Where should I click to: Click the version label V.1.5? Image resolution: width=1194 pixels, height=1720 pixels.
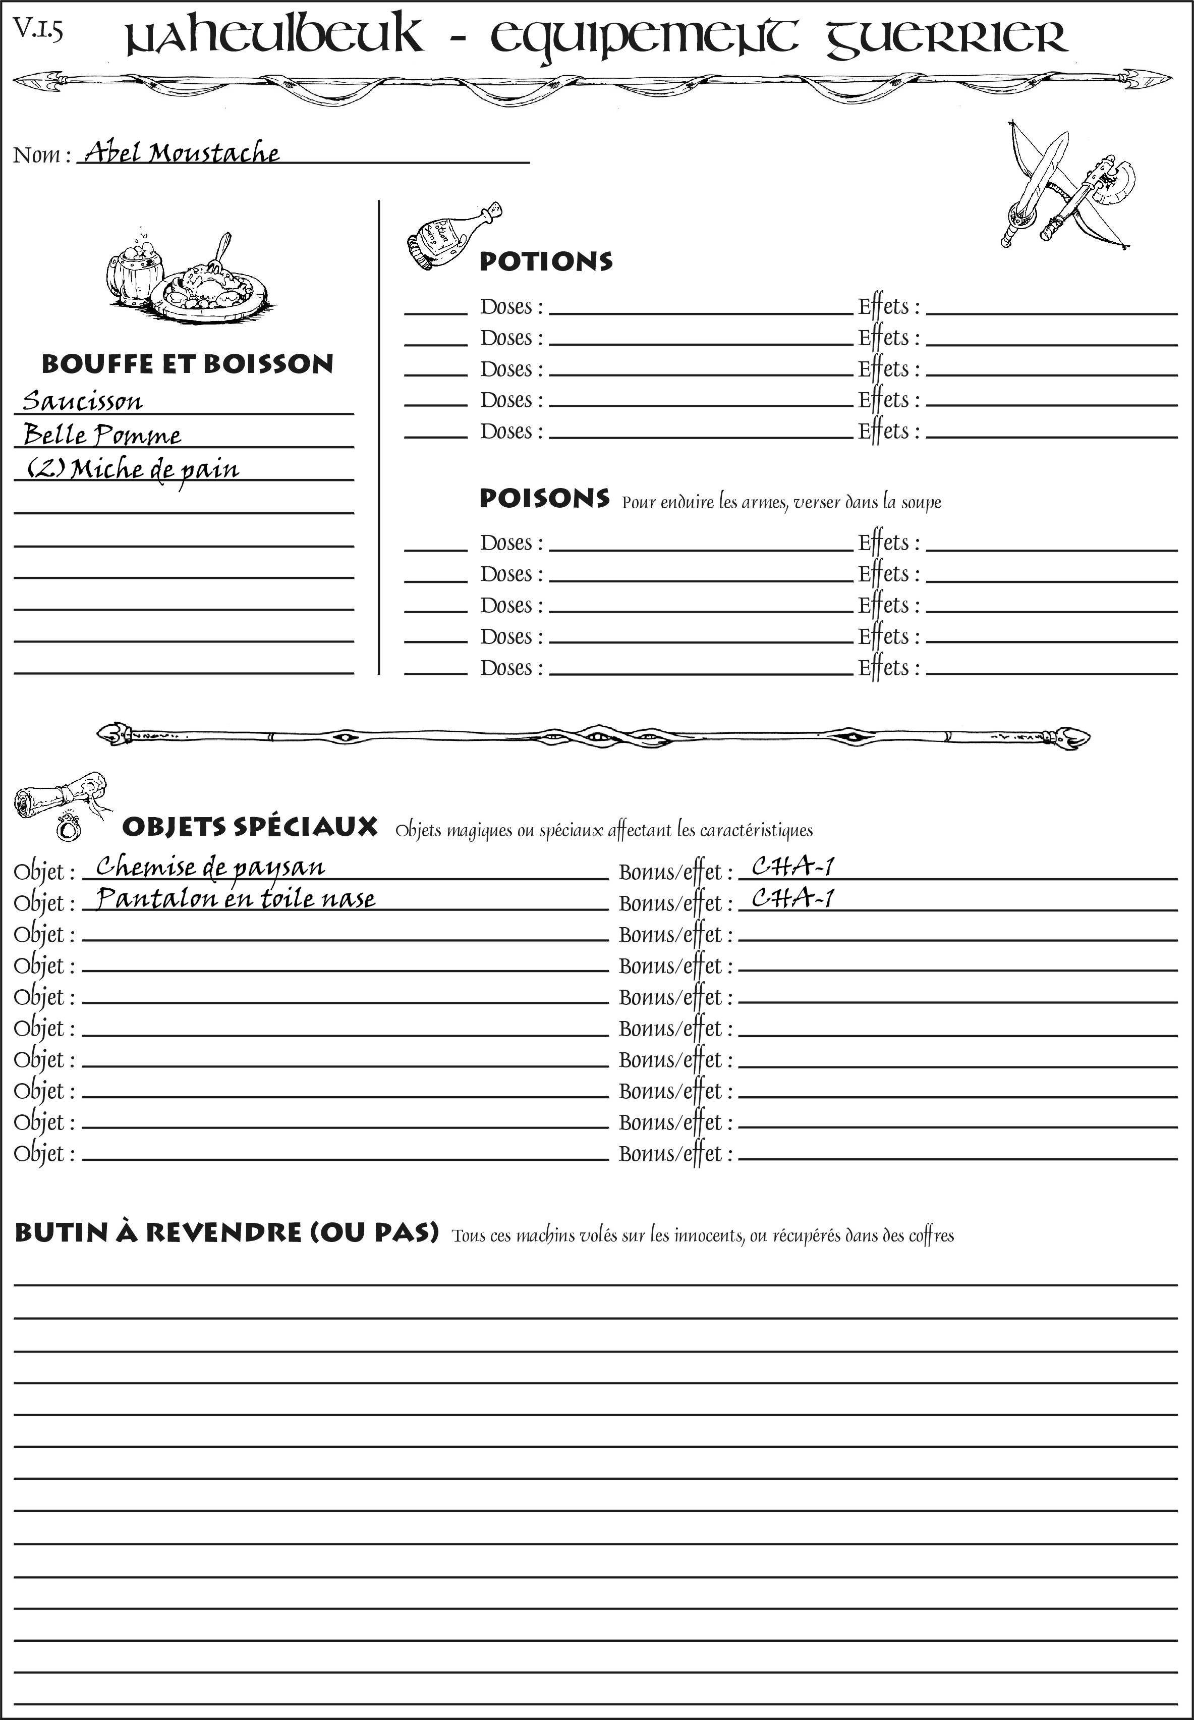(x=37, y=30)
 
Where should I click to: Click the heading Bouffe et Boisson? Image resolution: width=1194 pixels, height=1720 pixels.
(x=187, y=364)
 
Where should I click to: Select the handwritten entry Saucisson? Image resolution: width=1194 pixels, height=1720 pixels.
(x=82, y=401)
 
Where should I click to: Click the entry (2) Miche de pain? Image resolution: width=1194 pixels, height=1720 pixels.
(x=133, y=469)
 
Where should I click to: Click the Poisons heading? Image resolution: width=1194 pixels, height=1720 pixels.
(x=544, y=499)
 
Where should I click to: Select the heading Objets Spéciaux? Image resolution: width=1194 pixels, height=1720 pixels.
(x=250, y=827)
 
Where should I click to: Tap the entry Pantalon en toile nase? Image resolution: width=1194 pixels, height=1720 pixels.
(x=236, y=898)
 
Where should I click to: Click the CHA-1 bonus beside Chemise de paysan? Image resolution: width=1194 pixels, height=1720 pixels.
(x=792, y=867)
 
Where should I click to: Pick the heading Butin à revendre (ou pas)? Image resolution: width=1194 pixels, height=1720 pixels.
(x=226, y=1233)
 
